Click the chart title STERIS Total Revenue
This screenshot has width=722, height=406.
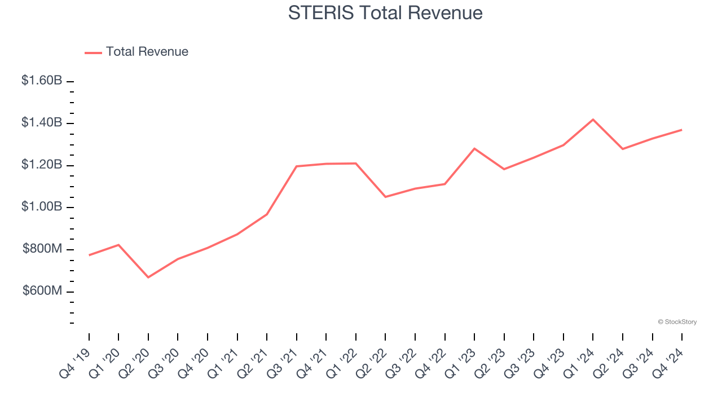point(385,13)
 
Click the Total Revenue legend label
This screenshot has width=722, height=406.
point(147,52)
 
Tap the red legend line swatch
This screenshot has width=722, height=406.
point(93,52)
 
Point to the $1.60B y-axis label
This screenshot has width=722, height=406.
point(42,81)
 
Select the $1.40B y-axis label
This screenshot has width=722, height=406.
point(42,122)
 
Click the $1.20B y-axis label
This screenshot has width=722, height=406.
point(42,165)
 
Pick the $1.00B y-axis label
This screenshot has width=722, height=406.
point(42,207)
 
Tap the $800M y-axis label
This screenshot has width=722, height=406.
point(42,249)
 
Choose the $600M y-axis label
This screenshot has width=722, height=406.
point(42,291)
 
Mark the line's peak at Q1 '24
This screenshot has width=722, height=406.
point(593,120)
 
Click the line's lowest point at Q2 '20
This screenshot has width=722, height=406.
point(148,277)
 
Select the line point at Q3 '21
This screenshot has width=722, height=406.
point(297,166)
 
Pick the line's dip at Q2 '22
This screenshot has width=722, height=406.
point(385,197)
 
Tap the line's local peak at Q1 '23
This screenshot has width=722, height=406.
point(474,148)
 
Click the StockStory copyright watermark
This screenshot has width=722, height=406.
point(677,322)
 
